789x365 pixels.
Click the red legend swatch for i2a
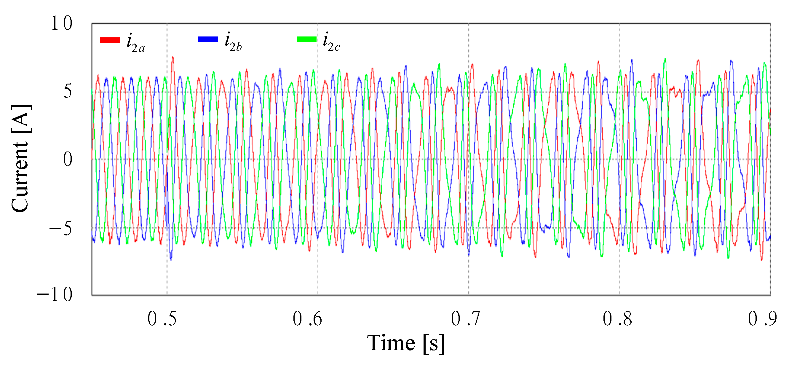tap(110, 40)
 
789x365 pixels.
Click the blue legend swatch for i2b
tap(208, 39)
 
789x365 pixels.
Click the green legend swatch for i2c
tap(306, 39)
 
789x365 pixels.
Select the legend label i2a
tap(135, 43)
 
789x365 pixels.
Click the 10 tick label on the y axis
tap(62, 23)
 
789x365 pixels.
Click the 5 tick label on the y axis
tap(68, 91)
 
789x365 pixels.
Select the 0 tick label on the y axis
tap(68, 159)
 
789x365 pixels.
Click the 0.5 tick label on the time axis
tap(162, 319)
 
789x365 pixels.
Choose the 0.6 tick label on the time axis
tap(307, 319)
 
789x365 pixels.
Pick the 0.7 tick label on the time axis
tap(465, 319)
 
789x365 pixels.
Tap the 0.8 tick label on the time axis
tap(617, 319)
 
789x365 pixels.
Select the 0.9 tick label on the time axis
tap(762, 319)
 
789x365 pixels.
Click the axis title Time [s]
tap(406, 343)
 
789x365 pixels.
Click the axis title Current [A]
tap(21, 158)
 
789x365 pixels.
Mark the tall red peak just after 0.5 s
tap(173, 58)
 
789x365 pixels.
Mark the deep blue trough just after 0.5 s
tap(171, 259)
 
